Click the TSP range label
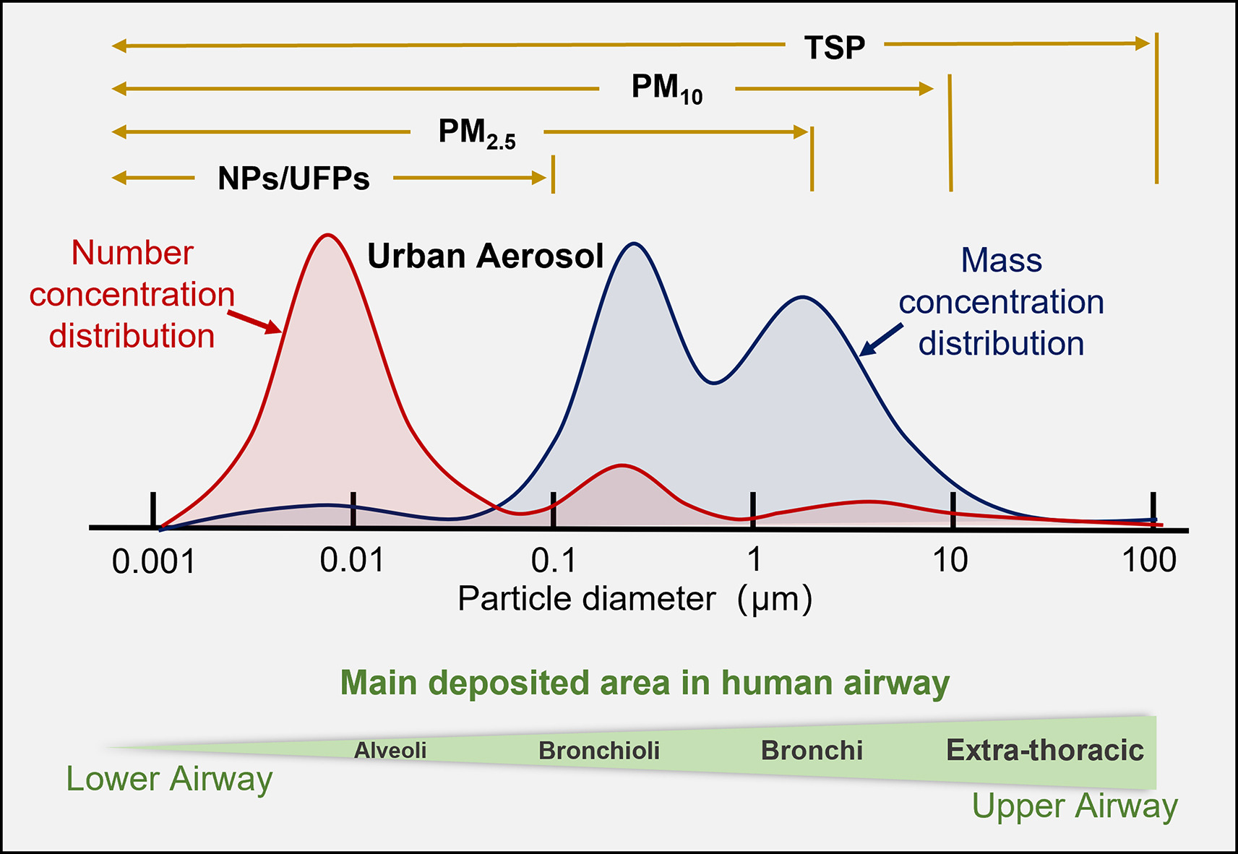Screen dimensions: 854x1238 click(x=834, y=48)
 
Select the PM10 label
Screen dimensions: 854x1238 click(x=666, y=89)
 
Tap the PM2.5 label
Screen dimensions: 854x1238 click(x=477, y=133)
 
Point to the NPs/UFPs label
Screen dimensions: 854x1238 click(x=293, y=178)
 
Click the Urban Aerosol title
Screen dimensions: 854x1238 click(x=485, y=256)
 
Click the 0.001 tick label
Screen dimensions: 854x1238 click(x=153, y=562)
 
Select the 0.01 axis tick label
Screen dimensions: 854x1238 click(x=352, y=561)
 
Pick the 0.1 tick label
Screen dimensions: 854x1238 click(x=554, y=561)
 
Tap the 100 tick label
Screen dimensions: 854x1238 click(x=1148, y=561)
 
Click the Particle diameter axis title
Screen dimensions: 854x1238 click(x=635, y=599)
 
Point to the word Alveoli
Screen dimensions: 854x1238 click(x=390, y=751)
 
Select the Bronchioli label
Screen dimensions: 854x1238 click(x=599, y=751)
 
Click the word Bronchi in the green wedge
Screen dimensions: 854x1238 click(x=812, y=751)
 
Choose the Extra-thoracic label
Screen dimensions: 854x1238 click(x=1045, y=751)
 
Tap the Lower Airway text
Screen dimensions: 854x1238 click(x=169, y=779)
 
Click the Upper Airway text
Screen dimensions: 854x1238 click(x=1075, y=806)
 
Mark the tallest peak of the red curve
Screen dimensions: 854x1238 click(x=328, y=235)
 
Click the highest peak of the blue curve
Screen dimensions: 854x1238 click(x=634, y=243)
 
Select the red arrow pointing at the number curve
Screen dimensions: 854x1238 click(x=254, y=322)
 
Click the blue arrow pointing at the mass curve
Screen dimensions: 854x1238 click(x=881, y=340)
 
